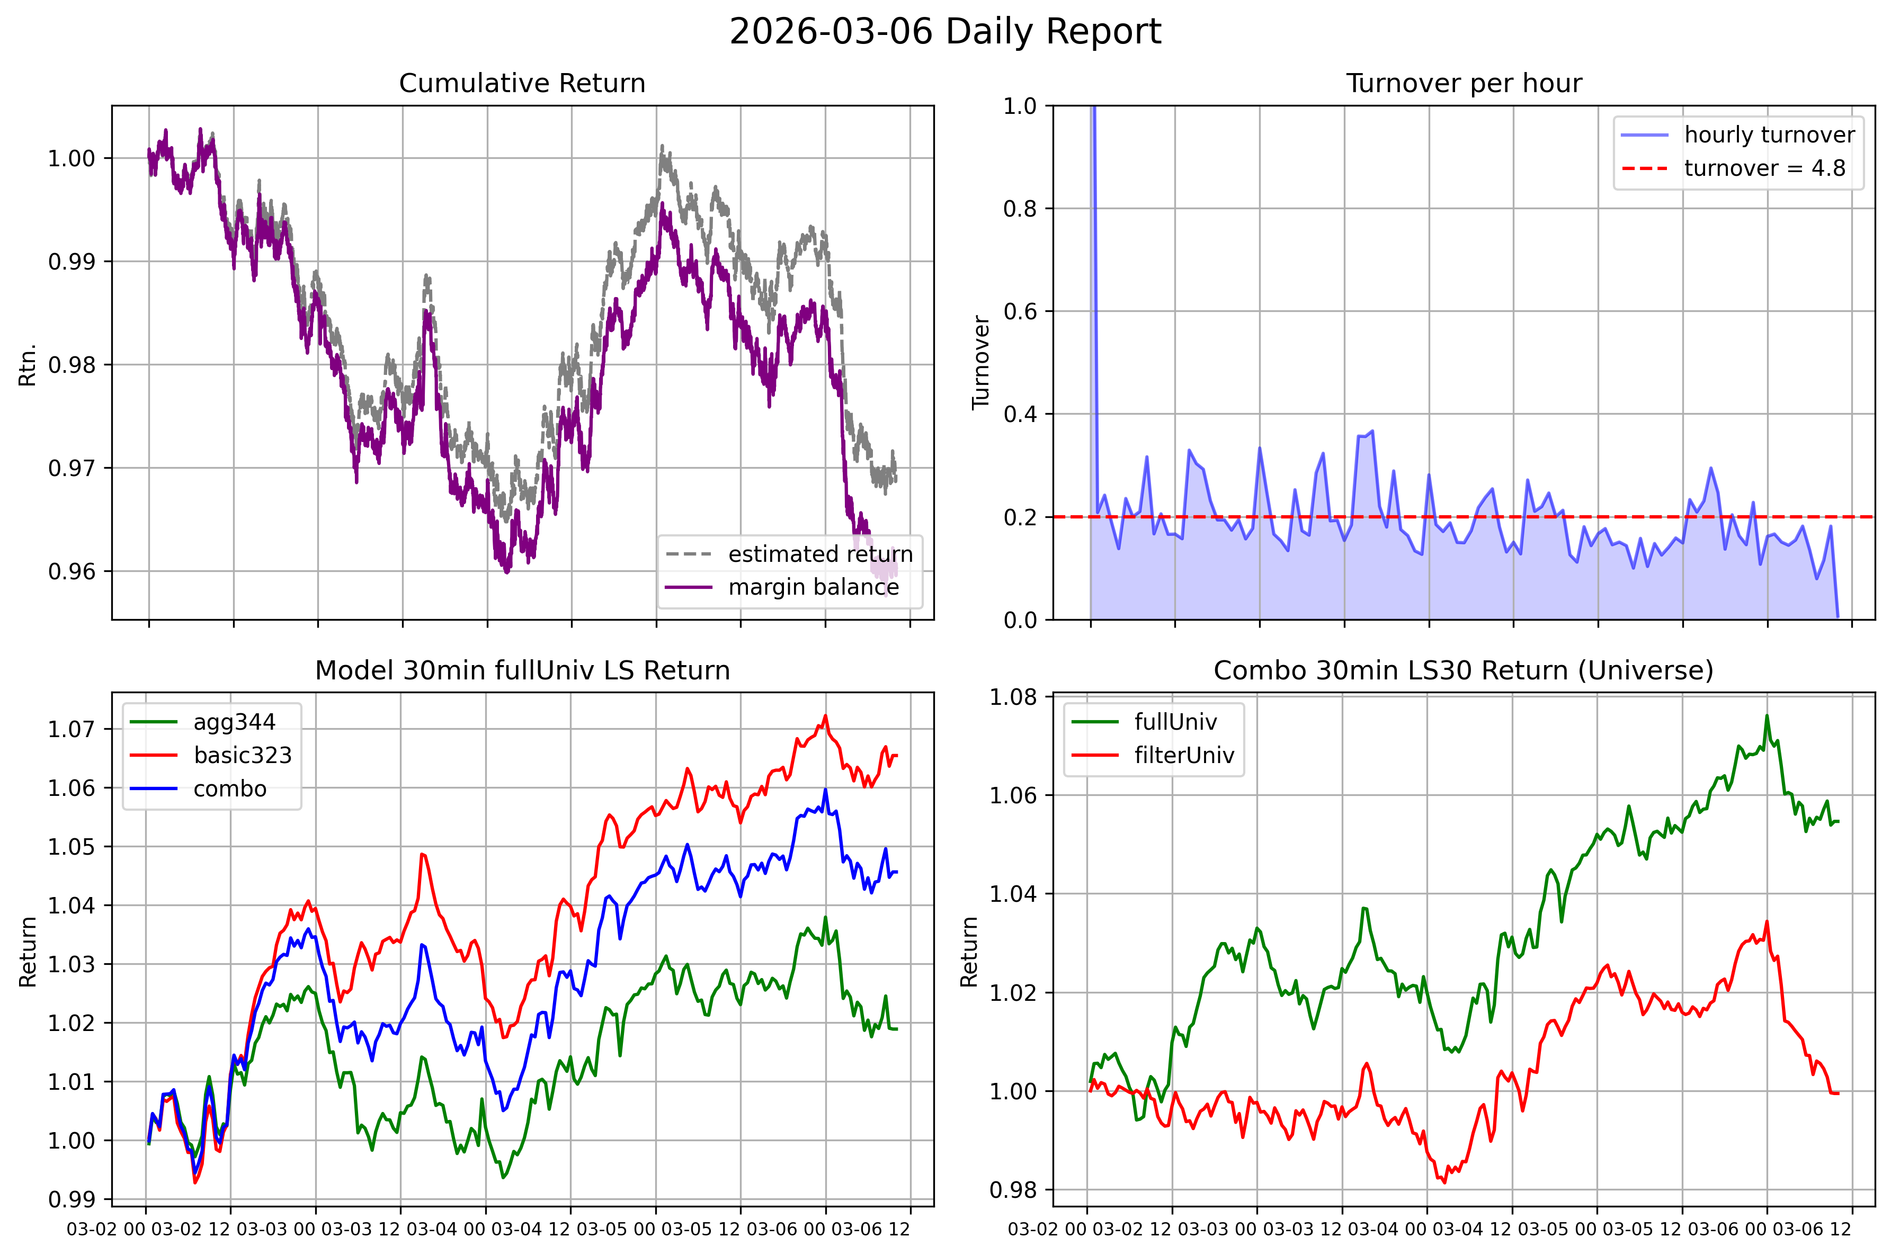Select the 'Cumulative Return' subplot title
tap(522, 83)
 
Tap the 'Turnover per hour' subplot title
tap(1464, 83)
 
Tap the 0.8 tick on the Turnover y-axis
tap(1020, 209)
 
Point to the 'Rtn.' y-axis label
tap(28, 365)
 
